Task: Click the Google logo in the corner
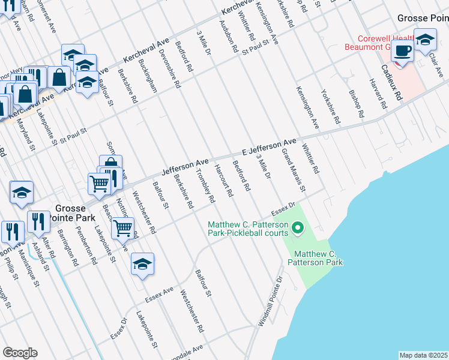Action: (x=20, y=353)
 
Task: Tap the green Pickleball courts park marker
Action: (x=297, y=228)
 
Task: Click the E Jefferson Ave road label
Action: (x=270, y=145)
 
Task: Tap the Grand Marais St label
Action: (x=294, y=171)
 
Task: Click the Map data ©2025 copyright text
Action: (x=423, y=355)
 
